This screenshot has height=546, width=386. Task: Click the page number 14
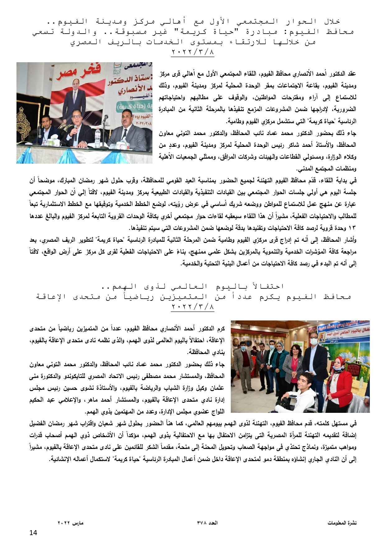[33, 533]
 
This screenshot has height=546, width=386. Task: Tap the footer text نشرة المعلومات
[342, 523]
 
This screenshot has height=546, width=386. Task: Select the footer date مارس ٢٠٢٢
[71, 523]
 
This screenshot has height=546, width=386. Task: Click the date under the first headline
[193, 52]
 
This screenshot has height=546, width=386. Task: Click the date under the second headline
[193, 307]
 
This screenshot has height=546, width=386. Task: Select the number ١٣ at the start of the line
[352, 228]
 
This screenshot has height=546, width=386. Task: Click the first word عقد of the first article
[352, 74]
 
